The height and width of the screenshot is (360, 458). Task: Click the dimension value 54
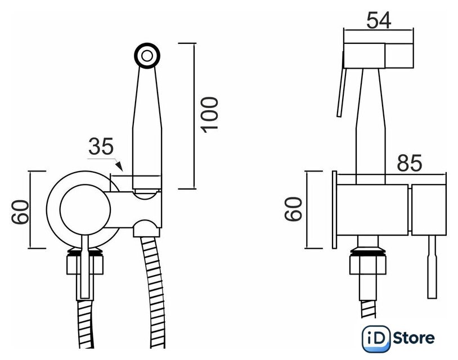point(379,20)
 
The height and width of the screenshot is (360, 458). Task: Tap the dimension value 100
point(209,115)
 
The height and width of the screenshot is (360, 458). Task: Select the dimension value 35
point(101,146)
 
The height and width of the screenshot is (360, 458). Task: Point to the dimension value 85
point(410,163)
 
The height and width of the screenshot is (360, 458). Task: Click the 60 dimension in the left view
point(20,212)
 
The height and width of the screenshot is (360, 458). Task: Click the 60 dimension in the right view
point(293,209)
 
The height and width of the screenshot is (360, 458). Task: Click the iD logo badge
point(376,339)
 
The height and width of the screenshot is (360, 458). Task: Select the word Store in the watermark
point(414,338)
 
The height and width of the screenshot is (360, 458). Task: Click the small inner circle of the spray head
point(147,56)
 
